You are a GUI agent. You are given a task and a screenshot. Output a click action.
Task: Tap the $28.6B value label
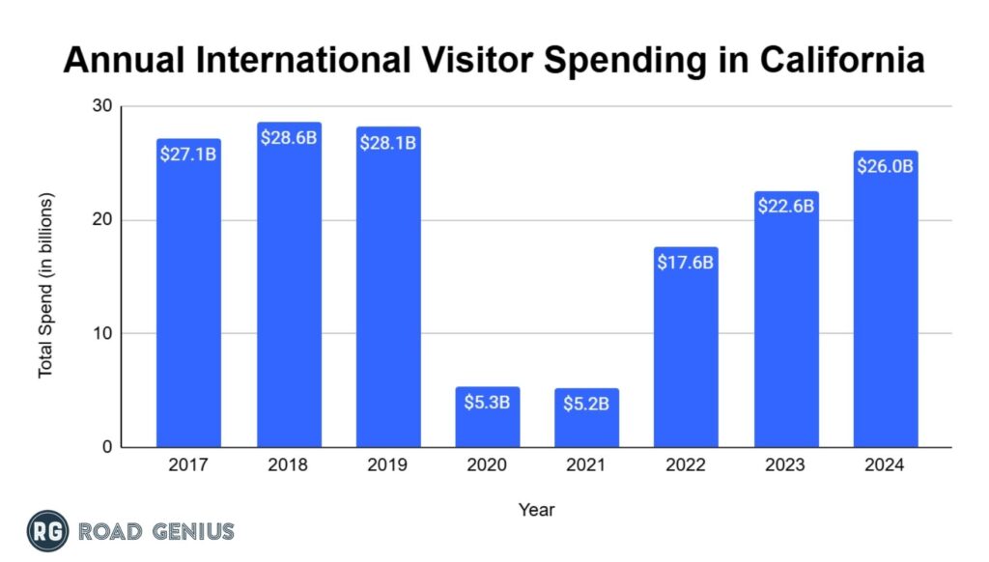(x=289, y=137)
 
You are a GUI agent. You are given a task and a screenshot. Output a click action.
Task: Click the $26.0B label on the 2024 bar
(x=885, y=166)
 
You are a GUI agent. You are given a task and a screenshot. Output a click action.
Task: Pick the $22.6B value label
(x=785, y=206)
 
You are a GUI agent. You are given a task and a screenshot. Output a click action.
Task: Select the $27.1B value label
(x=188, y=154)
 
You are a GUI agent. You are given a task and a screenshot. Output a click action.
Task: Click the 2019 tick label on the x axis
(x=387, y=465)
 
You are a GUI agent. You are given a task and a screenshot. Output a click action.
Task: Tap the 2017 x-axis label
(x=188, y=465)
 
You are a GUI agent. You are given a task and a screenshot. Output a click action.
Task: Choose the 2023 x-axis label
(x=785, y=465)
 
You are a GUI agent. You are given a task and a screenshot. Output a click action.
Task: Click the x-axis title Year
(x=536, y=509)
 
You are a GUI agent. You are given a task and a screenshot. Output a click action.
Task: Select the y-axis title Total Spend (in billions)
(x=45, y=286)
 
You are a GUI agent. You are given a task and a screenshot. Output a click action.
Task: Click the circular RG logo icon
(x=47, y=530)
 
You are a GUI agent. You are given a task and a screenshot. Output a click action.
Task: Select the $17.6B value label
(x=686, y=263)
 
